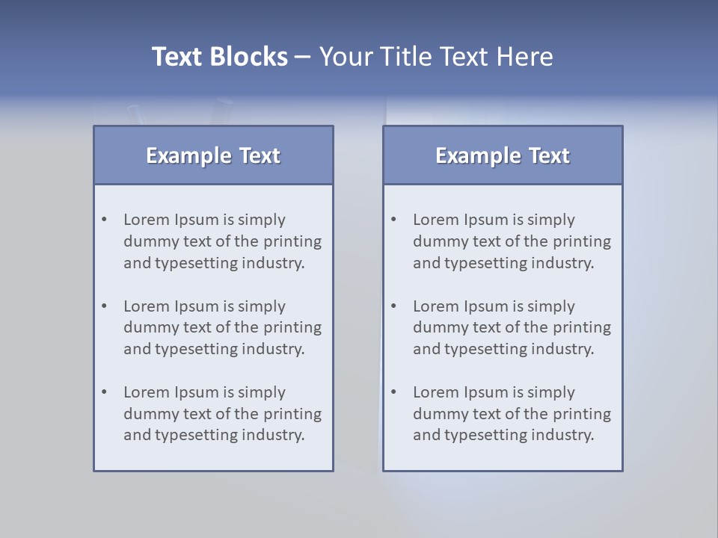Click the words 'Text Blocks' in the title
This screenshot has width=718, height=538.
[219, 57]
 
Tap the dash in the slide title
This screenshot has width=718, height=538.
[303, 57]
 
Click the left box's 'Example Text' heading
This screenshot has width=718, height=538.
[213, 155]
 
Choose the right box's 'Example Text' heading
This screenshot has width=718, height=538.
[503, 155]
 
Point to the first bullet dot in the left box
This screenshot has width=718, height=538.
[105, 220]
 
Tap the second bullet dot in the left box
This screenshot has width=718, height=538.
[105, 306]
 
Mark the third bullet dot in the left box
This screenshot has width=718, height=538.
[105, 392]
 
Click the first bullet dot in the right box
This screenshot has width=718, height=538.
[394, 220]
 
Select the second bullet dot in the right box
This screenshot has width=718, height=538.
[394, 306]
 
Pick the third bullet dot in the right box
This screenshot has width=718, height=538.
[394, 392]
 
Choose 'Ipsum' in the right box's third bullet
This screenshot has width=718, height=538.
[486, 393]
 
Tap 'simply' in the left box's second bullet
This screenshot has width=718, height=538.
[262, 307]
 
